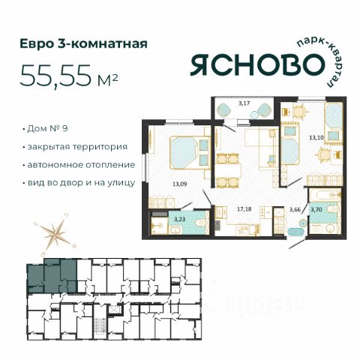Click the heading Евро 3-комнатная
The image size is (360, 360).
pyautogui.click(x=83, y=43)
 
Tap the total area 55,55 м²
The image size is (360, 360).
pyautogui.click(x=68, y=76)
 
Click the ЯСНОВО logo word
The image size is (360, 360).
pyautogui.click(x=257, y=64)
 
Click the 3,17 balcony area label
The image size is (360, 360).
pyautogui.click(x=244, y=103)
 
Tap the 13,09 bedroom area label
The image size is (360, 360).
pyautogui.click(x=180, y=184)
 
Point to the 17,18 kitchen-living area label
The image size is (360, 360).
pyautogui.click(x=244, y=209)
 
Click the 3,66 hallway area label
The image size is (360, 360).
pyautogui.click(x=295, y=210)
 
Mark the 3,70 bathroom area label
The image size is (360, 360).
pyautogui.click(x=316, y=210)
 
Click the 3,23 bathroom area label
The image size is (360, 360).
pyautogui.click(x=179, y=220)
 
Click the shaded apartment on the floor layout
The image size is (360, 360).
pyautogui.click(x=52, y=276)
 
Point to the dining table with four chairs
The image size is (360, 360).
pyautogui.click(x=229, y=170)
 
